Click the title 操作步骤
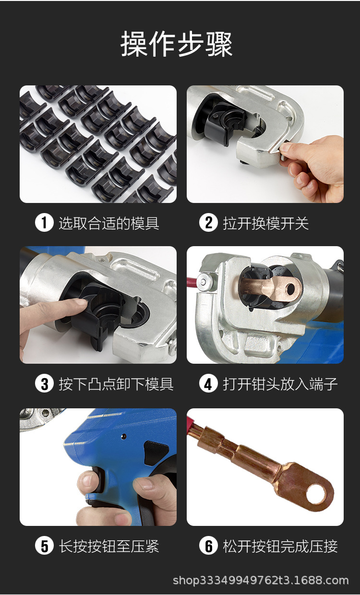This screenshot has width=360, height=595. coord(177,44)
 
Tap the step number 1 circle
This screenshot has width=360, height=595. coord(44,223)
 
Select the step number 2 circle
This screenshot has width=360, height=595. coord(208,223)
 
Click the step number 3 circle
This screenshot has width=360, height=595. coord(44,384)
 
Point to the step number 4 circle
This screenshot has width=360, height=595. coord(208,384)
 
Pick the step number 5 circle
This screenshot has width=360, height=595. coord(44,546)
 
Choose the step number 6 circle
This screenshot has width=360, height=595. coord(208,546)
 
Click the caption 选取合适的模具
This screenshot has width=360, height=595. coord(109,223)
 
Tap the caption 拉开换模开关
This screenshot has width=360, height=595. coord(266,223)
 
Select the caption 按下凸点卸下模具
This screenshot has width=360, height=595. coord(116,384)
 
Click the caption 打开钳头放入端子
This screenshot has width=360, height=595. coord(280,384)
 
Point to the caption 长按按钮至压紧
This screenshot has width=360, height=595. coord(109,546)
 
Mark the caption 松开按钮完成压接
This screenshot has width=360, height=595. coord(280,546)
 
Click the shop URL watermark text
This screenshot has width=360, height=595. coord(261,581)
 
